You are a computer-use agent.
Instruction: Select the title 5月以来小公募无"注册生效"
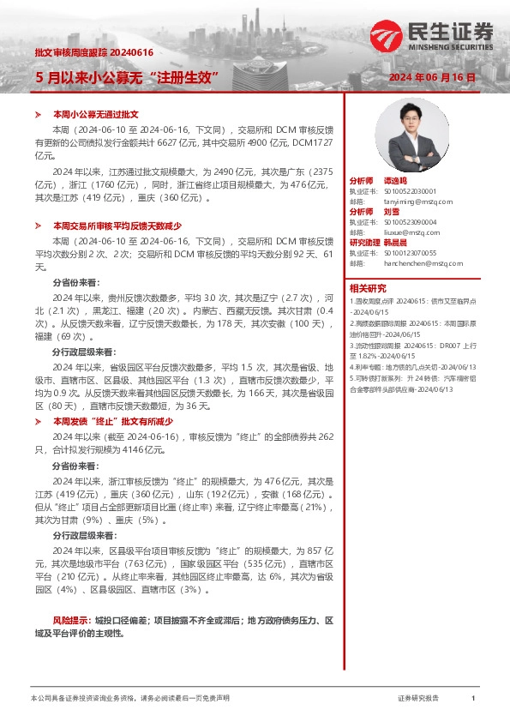pos(128,77)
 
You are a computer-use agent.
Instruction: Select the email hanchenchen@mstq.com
pos(416,263)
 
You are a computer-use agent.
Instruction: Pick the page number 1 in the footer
pos(472,699)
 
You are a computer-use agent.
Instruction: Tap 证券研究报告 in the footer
pos(418,699)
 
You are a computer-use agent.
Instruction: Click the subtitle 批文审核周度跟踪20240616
pos(93,52)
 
